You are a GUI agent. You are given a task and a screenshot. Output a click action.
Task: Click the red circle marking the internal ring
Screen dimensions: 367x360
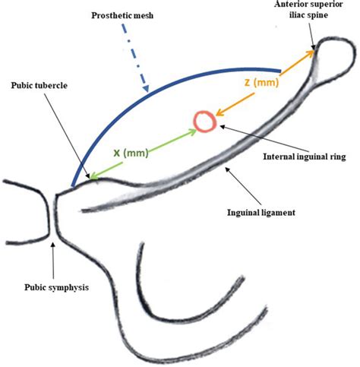click(204, 120)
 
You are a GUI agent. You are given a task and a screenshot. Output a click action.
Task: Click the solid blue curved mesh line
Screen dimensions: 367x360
click(152, 90)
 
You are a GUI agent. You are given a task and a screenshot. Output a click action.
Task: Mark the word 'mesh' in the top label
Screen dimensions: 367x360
click(141, 15)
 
